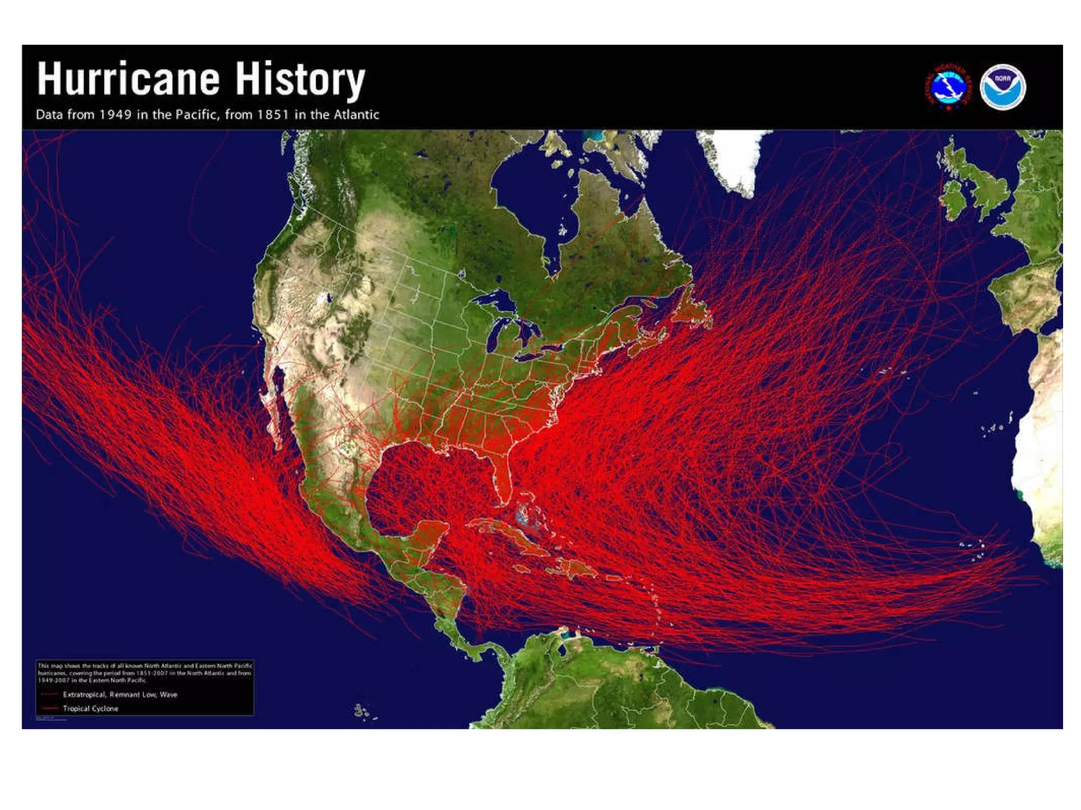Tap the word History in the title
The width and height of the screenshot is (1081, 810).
(299, 79)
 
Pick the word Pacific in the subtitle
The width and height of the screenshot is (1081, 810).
(196, 114)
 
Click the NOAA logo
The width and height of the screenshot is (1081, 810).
(1002, 87)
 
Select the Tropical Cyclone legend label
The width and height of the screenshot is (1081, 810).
(91, 708)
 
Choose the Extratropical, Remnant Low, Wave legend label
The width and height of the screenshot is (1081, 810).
(120, 695)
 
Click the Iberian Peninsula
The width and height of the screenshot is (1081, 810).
(1024, 295)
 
